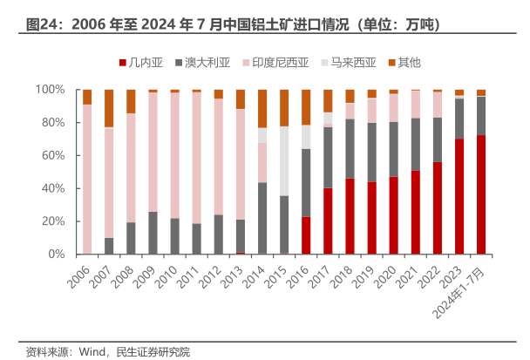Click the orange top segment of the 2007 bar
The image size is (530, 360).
click(x=109, y=108)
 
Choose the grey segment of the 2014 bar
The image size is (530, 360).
click(x=262, y=218)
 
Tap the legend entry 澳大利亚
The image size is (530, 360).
click(x=207, y=62)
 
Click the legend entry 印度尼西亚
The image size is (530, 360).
click(x=281, y=62)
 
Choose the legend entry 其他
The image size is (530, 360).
click(x=409, y=62)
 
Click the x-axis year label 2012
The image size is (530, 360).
click(x=211, y=276)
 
